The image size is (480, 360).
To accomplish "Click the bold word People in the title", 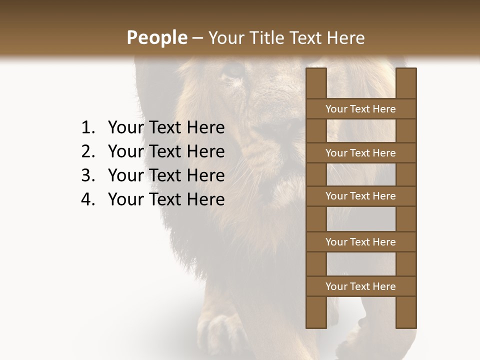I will click(x=156, y=37).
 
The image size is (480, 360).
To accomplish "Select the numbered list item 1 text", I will click(x=166, y=128).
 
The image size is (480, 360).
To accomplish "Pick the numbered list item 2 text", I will click(x=166, y=151).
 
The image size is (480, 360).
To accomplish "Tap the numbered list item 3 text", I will click(x=166, y=175).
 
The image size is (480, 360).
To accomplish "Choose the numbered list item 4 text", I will click(x=166, y=199).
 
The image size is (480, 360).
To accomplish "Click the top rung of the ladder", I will click(x=360, y=109).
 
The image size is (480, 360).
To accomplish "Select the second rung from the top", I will click(x=360, y=153).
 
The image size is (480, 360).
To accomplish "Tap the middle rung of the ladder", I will click(x=360, y=196).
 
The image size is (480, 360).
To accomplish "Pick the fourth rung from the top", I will click(x=360, y=242).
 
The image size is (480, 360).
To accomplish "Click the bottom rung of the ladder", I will click(x=360, y=286).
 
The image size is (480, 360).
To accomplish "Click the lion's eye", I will click(x=233, y=71).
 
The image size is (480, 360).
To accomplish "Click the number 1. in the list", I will click(x=88, y=128).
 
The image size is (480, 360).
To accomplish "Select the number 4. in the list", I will click(x=88, y=199).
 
